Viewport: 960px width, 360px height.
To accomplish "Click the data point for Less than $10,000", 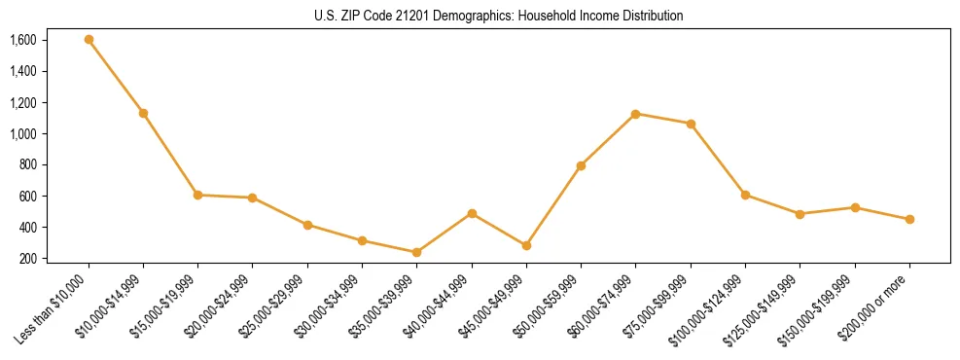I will tap(89, 40).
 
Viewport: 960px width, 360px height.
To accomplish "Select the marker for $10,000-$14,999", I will tap(143, 113).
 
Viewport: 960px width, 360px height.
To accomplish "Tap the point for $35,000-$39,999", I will tap(416, 252).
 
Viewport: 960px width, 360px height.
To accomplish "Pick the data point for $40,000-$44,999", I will tap(472, 213).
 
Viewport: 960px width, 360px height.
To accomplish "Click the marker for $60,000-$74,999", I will tap(635, 114).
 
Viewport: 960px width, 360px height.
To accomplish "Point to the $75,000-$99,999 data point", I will tap(691, 124).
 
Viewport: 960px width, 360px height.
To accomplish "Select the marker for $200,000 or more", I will tap(909, 219).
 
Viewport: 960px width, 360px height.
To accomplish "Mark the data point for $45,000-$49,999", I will tap(526, 245).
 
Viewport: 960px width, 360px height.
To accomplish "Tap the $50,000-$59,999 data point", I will tap(581, 165).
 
